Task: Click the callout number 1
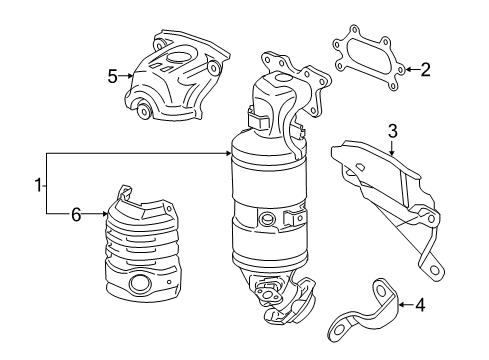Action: coord(38,184)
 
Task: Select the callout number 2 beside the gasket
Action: coord(425,70)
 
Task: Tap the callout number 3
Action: coord(393,131)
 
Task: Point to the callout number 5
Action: coord(112,73)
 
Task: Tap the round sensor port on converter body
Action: coord(267,220)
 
